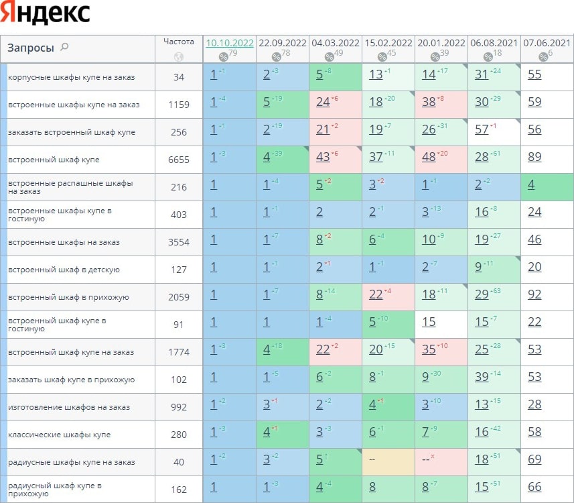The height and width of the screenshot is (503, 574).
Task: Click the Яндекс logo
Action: [46, 14]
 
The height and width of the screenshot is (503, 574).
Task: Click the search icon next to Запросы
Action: [64, 47]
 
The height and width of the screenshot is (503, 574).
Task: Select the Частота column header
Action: [179, 42]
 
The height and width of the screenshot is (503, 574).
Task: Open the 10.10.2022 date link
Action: [230, 43]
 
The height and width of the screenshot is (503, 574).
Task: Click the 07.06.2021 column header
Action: [547, 43]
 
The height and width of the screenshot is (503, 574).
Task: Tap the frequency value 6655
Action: [179, 160]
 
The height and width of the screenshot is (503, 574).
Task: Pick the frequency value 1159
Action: [179, 105]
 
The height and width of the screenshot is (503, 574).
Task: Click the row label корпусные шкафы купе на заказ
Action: [71, 77]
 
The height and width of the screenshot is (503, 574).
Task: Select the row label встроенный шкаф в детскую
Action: [64, 270]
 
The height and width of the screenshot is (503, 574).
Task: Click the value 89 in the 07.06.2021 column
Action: [534, 158]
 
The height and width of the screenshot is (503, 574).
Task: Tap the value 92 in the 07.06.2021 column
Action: [534, 295]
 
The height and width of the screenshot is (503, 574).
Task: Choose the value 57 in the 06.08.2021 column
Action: [482, 130]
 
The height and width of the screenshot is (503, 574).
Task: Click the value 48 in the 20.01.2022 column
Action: [429, 158]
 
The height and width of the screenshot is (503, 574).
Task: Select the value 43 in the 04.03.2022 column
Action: [323, 158]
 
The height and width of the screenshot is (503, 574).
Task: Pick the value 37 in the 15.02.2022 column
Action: [376, 158]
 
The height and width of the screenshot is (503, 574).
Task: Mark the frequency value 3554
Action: [179, 242]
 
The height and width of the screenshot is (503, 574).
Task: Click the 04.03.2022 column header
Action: [335, 43]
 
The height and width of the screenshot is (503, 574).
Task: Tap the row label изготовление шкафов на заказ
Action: [69, 407]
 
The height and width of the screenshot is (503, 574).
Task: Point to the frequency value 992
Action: [179, 407]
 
